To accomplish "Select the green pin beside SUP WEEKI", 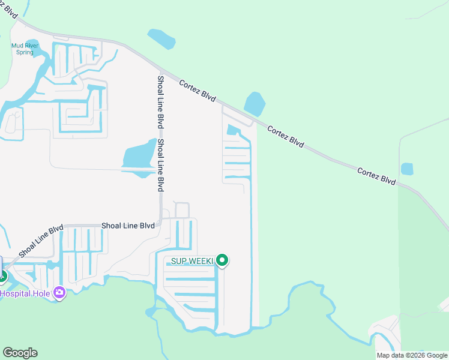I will click(x=223, y=260).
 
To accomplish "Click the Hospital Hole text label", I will click(x=25, y=293).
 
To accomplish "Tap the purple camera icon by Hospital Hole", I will click(x=59, y=293).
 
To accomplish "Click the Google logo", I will click(x=20, y=353).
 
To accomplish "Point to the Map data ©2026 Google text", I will click(x=411, y=355).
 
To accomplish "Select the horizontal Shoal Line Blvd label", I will click(x=128, y=226).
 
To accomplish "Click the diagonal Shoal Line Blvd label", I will click(x=40, y=241).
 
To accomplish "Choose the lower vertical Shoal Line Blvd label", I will click(x=160, y=165).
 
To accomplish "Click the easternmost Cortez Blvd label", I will click(x=376, y=176).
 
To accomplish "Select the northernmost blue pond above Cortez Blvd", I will click(x=160, y=39).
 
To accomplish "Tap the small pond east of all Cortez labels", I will click(x=407, y=169).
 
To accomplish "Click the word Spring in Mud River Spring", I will click(x=25, y=52).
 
